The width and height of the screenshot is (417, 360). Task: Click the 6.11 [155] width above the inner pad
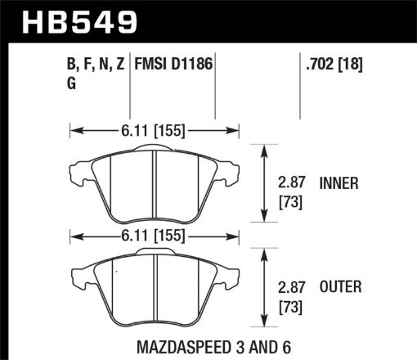pyautogui.click(x=155, y=128)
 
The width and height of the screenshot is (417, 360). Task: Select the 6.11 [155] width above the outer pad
pyautogui.click(x=155, y=236)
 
